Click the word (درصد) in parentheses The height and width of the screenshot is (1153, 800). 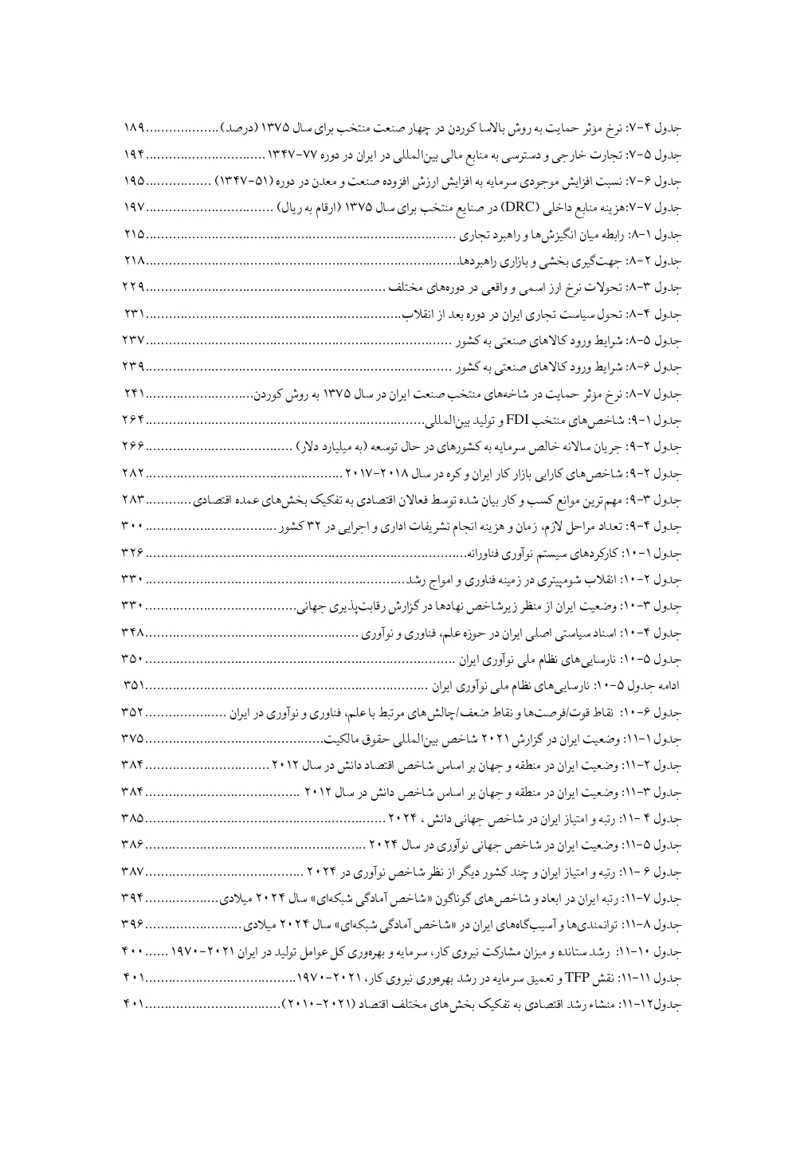coord(241,127)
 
